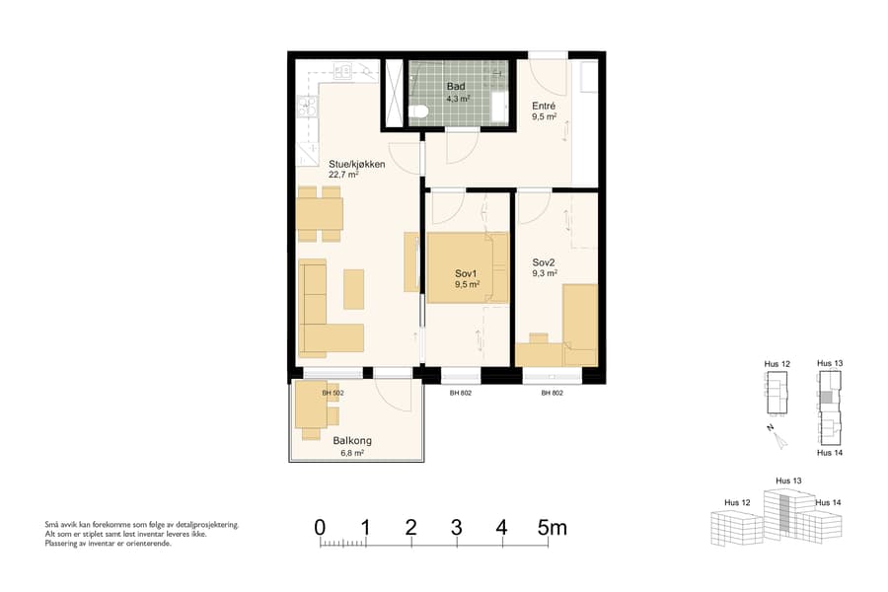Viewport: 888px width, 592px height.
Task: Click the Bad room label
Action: click(455, 87)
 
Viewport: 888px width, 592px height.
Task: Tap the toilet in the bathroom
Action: click(418, 111)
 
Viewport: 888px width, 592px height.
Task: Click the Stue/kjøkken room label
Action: click(356, 164)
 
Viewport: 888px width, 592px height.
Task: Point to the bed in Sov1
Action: click(466, 266)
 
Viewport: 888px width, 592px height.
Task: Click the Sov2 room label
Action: click(544, 262)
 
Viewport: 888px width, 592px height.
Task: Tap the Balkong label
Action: click(352, 441)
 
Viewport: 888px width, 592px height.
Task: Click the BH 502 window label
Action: click(333, 393)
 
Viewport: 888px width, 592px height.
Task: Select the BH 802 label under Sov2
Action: click(552, 393)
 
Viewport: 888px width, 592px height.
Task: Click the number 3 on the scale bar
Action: click(456, 528)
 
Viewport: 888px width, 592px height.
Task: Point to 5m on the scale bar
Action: click(552, 528)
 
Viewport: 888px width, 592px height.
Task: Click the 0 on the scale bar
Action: click(320, 528)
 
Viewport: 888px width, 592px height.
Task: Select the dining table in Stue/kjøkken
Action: click(319, 213)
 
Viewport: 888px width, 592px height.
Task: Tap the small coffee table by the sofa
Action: click(353, 289)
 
